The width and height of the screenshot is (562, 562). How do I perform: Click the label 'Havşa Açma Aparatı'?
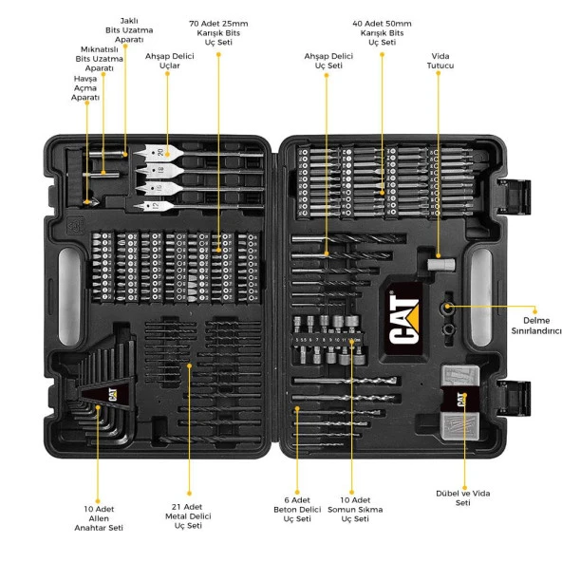[x=86, y=88]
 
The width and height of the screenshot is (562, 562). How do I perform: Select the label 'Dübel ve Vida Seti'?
[x=463, y=497]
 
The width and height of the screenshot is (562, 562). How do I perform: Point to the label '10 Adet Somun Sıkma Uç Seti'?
[x=353, y=509]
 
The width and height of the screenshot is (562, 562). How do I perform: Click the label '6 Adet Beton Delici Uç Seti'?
[x=297, y=509]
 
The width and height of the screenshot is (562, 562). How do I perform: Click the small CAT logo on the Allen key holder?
[x=110, y=392]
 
